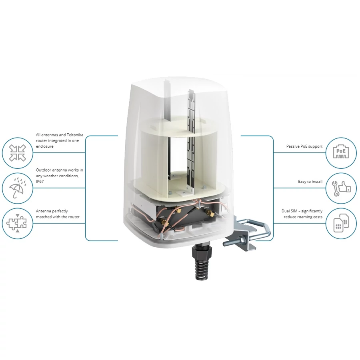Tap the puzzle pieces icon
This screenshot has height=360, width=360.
[16, 223]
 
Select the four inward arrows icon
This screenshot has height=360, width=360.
[18, 153]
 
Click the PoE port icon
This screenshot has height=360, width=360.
[341, 152]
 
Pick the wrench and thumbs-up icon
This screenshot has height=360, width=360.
[342, 188]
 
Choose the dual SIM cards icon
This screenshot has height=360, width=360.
[341, 223]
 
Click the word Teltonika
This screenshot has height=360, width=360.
[75, 135]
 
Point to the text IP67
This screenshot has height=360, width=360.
[40, 181]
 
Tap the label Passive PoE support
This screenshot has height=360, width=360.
[304, 146]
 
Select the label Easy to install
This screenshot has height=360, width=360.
[310, 182]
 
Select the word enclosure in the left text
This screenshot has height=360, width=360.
[44, 146]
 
